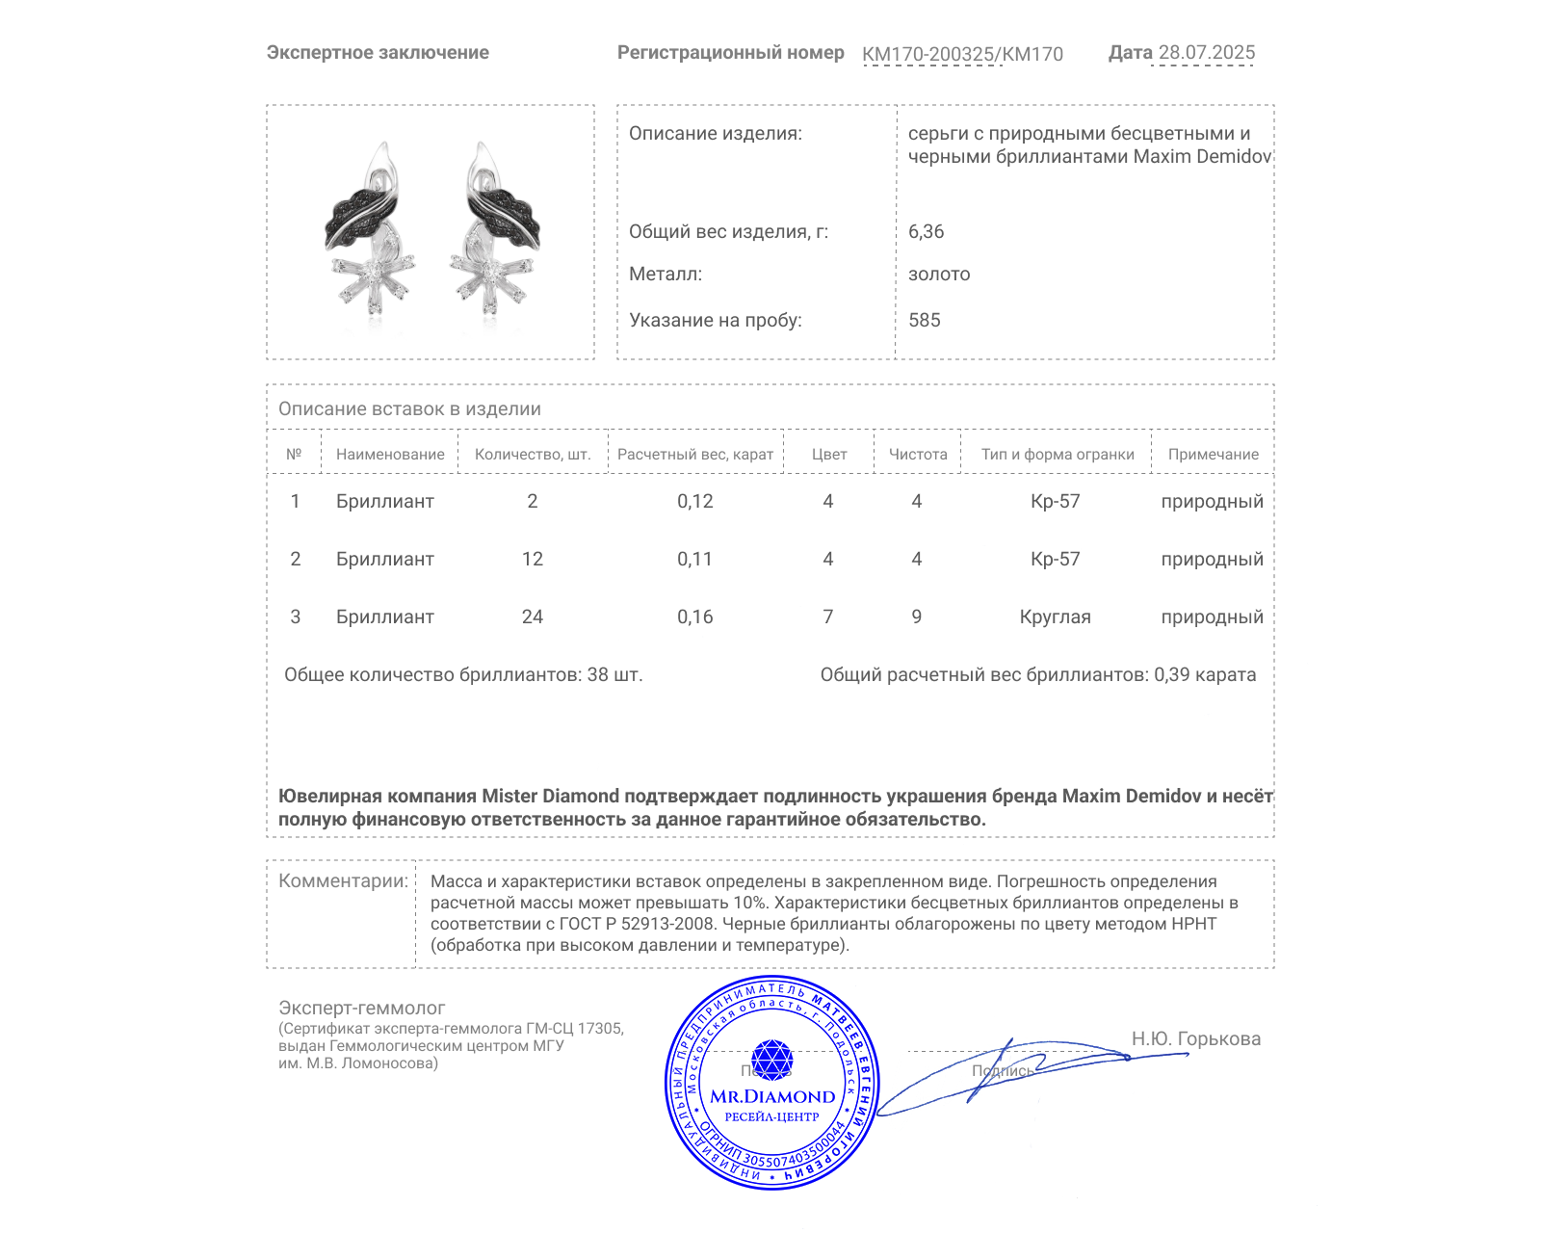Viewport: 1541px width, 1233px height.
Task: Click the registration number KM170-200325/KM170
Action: coord(962,54)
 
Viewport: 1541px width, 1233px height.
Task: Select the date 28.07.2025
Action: coord(1206,53)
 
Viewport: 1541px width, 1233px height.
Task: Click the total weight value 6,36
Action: coord(926,231)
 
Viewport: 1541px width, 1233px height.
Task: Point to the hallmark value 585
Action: coord(924,320)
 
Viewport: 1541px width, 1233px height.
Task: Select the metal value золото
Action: coord(939,274)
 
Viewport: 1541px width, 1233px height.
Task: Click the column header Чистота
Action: coord(917,455)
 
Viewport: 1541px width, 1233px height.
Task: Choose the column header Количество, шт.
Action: coord(533,455)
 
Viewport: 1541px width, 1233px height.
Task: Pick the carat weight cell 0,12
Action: coord(694,501)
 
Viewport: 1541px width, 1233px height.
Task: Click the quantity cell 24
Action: coord(533,616)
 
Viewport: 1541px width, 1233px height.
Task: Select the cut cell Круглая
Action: coord(1055,616)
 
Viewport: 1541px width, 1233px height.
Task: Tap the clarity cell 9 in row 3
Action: coord(916,616)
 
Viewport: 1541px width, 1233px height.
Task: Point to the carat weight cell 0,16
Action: coord(694,616)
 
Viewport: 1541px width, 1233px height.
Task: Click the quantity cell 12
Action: coord(533,559)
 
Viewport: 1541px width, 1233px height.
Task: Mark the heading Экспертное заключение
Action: coord(378,53)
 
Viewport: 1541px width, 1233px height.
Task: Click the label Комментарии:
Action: coord(343,880)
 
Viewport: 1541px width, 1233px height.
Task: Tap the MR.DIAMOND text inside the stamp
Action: coord(772,1096)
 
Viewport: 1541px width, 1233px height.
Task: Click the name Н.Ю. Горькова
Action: coord(1195,1038)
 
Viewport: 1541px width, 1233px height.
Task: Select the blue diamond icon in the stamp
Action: coord(771,1060)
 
